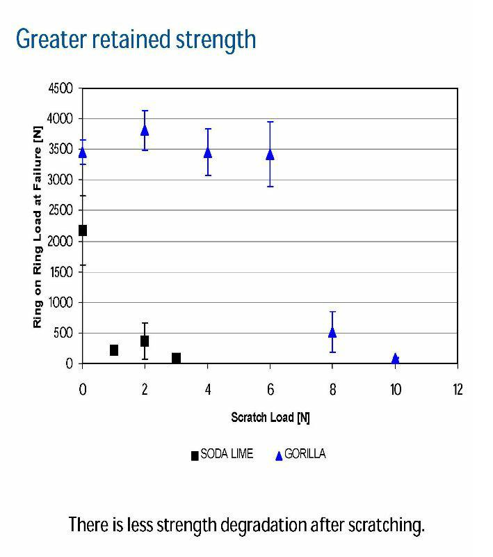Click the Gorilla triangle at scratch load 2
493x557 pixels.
point(145,130)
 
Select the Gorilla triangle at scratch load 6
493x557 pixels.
point(270,154)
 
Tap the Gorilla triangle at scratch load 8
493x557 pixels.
point(332,332)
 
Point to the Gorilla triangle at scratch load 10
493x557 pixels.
point(395,359)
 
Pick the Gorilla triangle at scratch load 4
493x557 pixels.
point(207,152)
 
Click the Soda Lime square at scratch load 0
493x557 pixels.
point(83,230)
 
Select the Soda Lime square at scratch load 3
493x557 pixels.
point(177,358)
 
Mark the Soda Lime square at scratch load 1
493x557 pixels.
point(114,350)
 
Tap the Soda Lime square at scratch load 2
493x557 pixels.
point(145,341)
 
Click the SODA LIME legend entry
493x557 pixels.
point(222,455)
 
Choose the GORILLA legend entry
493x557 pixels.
point(300,455)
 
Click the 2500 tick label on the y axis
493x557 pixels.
point(59,211)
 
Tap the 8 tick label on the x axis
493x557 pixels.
point(332,389)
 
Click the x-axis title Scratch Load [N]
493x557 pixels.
point(270,418)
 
